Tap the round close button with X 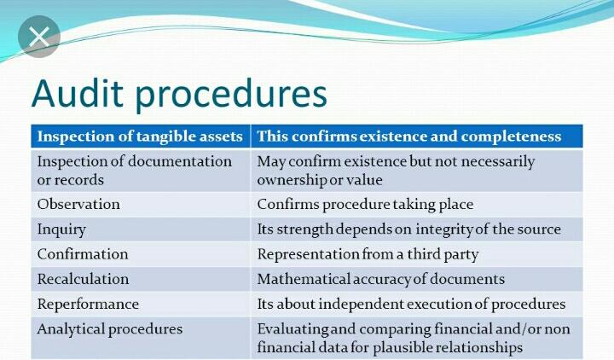coord(39,38)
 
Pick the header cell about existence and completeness coord(409,136)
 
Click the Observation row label coord(78,205)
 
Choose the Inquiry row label coord(61,229)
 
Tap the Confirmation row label coord(83,254)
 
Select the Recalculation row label coord(83,279)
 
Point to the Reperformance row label coord(88,304)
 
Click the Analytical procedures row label coord(109,328)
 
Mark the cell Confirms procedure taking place coord(365,205)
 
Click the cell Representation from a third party coord(368,254)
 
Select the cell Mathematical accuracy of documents coord(380,279)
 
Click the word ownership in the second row coord(289,180)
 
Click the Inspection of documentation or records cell coord(134,170)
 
